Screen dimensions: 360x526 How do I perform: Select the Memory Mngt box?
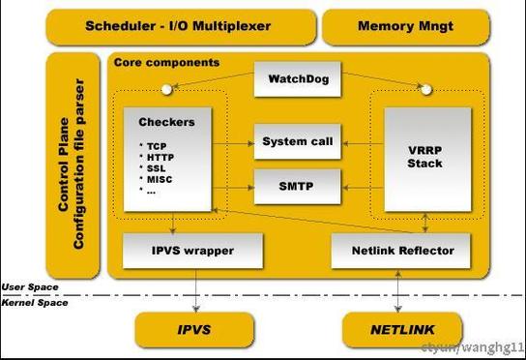419,27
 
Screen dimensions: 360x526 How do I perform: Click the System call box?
298,141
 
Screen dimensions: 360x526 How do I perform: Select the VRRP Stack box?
425,157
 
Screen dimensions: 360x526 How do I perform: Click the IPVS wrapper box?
179,251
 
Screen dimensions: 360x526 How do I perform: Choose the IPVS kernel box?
193,330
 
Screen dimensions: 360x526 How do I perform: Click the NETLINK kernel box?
401,330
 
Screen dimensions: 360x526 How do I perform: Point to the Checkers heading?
166,122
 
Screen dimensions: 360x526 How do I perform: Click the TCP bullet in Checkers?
157,145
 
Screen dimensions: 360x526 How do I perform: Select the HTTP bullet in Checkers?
160,157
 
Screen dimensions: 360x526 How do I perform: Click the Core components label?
166,62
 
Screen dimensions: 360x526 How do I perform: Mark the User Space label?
30,287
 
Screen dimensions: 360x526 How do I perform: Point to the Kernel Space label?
34,302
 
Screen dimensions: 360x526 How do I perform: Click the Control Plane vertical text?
64,165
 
